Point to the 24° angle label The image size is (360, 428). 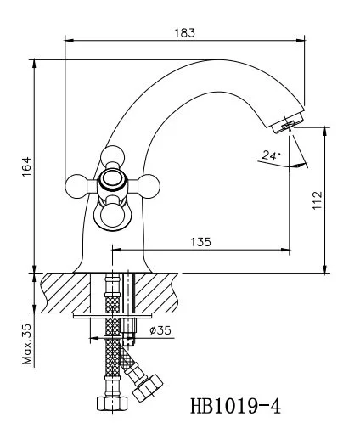271,155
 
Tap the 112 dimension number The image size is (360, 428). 318,200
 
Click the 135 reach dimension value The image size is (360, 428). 200,242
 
